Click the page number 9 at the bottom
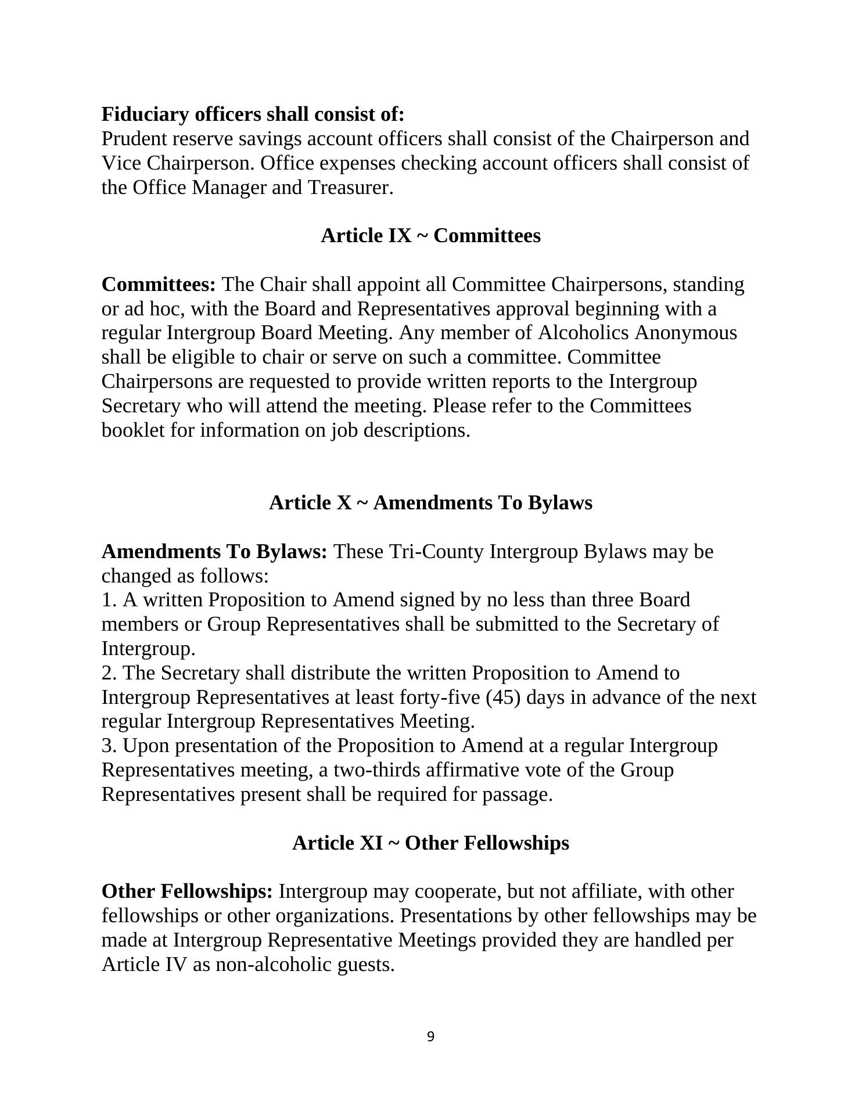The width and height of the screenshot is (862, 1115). coord(430,1037)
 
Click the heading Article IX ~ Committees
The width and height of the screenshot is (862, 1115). coord(430,236)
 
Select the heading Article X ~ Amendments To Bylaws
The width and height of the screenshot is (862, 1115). coord(430,502)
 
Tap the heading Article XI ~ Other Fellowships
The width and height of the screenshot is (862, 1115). coord(430,843)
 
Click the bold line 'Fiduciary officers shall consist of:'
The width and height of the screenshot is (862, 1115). coord(253,114)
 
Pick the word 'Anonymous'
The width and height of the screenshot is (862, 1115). coord(685,333)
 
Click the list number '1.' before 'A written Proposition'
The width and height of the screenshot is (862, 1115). coord(109,600)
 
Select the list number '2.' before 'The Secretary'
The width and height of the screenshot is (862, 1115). coord(109,673)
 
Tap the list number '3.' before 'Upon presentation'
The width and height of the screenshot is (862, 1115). coord(109,746)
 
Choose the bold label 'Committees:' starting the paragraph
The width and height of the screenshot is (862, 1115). coord(159,285)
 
